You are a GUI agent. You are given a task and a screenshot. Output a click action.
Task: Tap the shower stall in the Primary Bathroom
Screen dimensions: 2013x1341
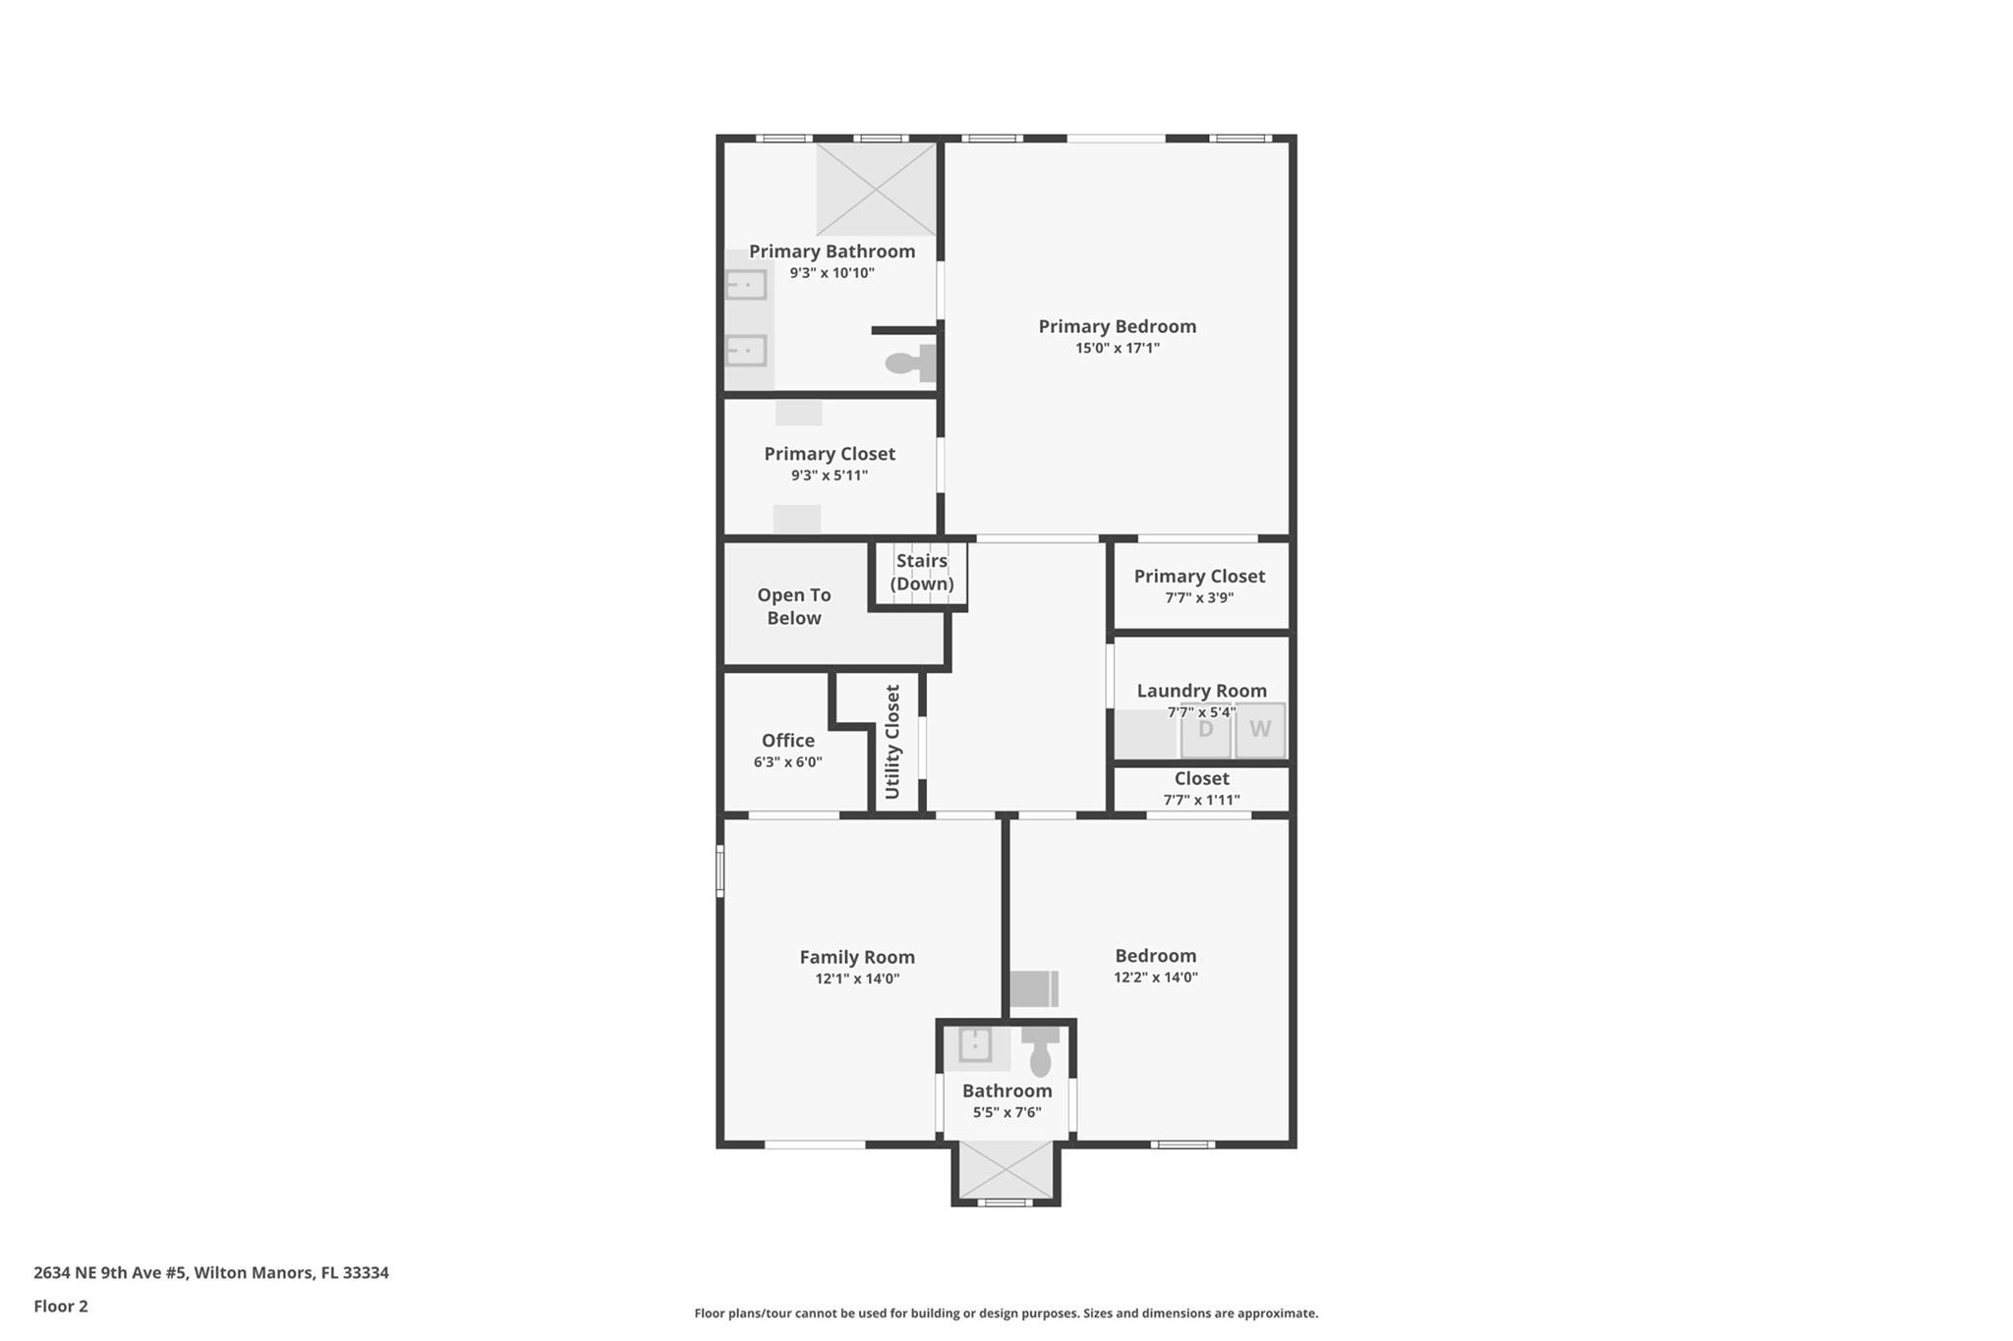(x=877, y=190)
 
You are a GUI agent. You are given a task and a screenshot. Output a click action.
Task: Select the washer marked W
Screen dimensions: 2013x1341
(x=1260, y=730)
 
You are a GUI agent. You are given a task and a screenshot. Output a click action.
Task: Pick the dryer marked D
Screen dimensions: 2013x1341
(x=1205, y=730)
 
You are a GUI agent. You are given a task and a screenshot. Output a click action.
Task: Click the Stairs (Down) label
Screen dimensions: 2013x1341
(x=922, y=572)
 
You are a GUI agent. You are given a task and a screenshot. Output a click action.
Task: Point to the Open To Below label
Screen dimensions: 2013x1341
(x=794, y=606)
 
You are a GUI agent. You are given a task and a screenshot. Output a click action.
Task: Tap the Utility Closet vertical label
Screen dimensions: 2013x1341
(x=892, y=742)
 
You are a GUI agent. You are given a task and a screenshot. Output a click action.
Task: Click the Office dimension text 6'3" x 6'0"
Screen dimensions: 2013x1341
(x=788, y=761)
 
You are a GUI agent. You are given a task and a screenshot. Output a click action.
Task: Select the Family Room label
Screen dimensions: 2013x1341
(x=857, y=957)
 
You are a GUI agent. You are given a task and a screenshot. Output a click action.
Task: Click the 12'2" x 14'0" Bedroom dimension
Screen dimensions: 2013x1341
(x=1156, y=977)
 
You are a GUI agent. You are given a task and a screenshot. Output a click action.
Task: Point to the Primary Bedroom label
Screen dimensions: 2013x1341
(x=1118, y=326)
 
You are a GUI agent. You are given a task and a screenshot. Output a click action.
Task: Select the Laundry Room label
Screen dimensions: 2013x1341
(x=1202, y=691)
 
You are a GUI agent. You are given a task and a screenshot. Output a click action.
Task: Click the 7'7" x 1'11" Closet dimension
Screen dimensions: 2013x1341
(x=1202, y=800)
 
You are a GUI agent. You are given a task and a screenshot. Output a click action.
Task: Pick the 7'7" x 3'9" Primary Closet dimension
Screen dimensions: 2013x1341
(x=1199, y=597)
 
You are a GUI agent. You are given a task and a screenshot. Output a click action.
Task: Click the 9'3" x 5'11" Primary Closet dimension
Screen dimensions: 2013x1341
(x=830, y=475)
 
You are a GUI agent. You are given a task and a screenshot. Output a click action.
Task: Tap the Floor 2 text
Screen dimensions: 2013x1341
(x=61, y=1306)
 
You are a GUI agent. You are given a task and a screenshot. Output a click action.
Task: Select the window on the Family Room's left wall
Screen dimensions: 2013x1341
(x=719, y=870)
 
